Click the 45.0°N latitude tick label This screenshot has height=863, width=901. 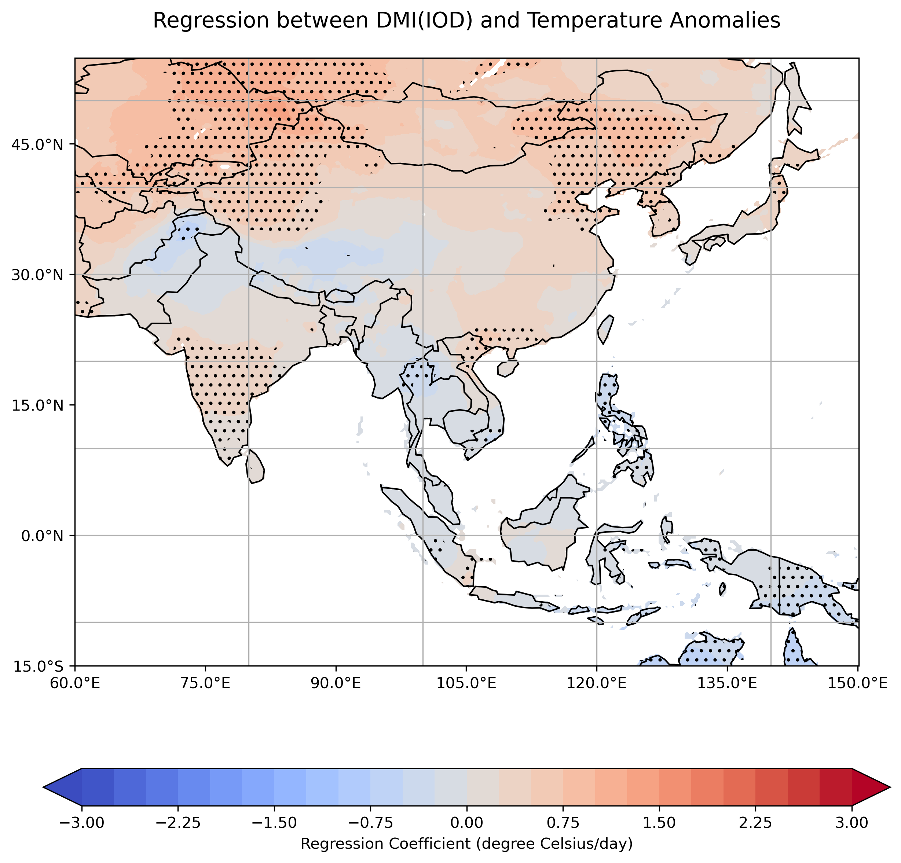pos(36,145)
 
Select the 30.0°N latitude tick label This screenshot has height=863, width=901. pos(36,275)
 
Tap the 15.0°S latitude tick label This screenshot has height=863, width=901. pos(37,666)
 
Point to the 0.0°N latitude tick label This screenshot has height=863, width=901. pos(41,536)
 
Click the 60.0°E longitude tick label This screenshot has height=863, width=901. pos(74,683)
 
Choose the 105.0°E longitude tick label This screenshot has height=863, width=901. pos(466,683)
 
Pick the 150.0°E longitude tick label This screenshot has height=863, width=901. pos(858,683)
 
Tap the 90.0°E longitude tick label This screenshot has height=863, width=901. pos(336,683)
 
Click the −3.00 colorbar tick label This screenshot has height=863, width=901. pos(82,823)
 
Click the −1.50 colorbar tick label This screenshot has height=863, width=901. pos(274,823)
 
